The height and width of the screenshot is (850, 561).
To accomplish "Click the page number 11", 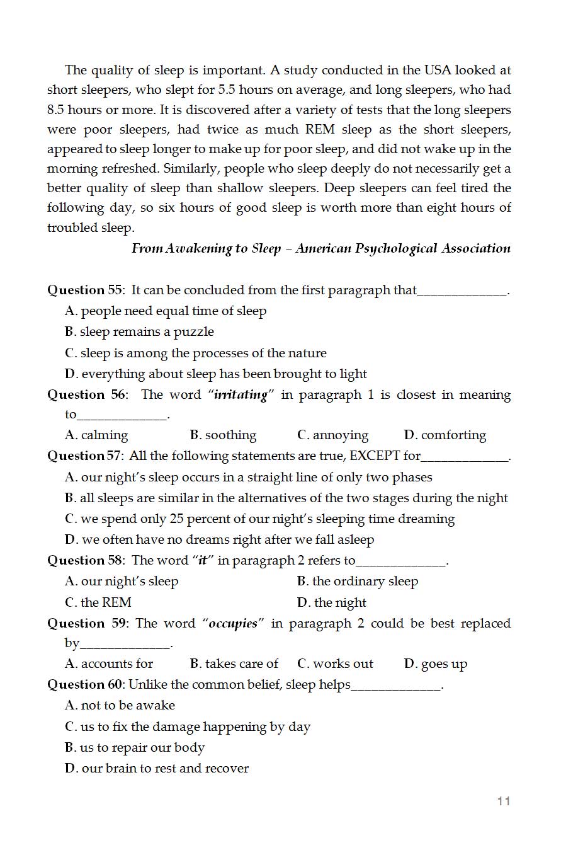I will (503, 801).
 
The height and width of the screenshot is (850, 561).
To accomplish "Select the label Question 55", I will (85, 290).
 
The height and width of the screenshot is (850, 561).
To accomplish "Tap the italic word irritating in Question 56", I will (241, 395).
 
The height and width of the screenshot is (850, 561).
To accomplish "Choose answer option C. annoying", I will (332, 435).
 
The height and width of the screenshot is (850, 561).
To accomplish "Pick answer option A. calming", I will (96, 435).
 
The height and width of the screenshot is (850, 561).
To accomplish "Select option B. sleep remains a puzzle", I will (139, 332).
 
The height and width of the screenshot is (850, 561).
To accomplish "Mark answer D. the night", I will (331, 602).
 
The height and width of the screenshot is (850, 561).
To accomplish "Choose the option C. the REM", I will (98, 602).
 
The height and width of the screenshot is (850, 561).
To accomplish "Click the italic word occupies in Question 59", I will (233, 624).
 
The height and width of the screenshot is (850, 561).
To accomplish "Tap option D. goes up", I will (436, 663).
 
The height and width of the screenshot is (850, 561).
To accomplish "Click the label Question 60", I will (85, 684).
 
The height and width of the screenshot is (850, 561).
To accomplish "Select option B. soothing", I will (223, 435).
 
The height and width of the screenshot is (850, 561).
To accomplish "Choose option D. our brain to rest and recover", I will (157, 769).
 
